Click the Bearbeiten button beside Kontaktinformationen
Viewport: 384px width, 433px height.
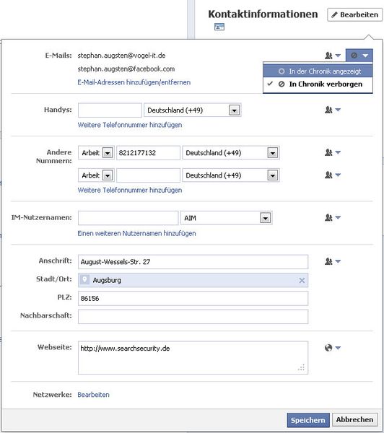click(x=353, y=14)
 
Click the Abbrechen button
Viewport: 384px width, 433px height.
click(x=354, y=419)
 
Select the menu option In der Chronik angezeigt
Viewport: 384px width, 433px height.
click(x=324, y=71)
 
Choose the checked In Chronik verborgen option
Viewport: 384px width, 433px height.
click(x=324, y=84)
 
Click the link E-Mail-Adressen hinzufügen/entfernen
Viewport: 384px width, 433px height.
click(x=134, y=82)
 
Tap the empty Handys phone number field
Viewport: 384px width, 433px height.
click(x=110, y=110)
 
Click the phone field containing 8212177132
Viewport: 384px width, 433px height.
click(x=148, y=153)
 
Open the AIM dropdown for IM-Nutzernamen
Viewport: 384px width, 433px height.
click(x=226, y=218)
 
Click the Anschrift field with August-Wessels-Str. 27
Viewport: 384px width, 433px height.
click(x=193, y=262)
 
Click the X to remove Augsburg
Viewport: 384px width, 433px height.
click(x=302, y=280)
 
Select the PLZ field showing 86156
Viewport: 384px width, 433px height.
click(x=193, y=299)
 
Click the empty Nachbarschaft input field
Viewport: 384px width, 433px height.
click(x=193, y=317)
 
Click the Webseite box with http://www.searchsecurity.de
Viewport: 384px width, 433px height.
click(x=193, y=358)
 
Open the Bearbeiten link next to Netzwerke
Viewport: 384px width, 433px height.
click(x=93, y=395)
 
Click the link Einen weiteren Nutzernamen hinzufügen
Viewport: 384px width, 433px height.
click(x=136, y=233)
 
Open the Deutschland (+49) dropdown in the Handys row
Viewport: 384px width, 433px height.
click(x=192, y=110)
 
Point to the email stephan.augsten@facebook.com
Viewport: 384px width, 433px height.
click(x=126, y=69)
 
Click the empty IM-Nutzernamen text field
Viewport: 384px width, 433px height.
click(x=128, y=218)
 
